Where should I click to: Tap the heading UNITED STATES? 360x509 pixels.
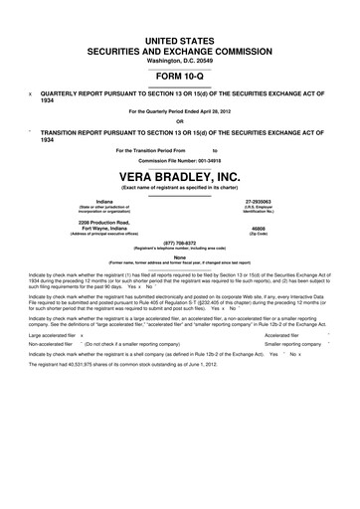[x=180, y=10]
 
